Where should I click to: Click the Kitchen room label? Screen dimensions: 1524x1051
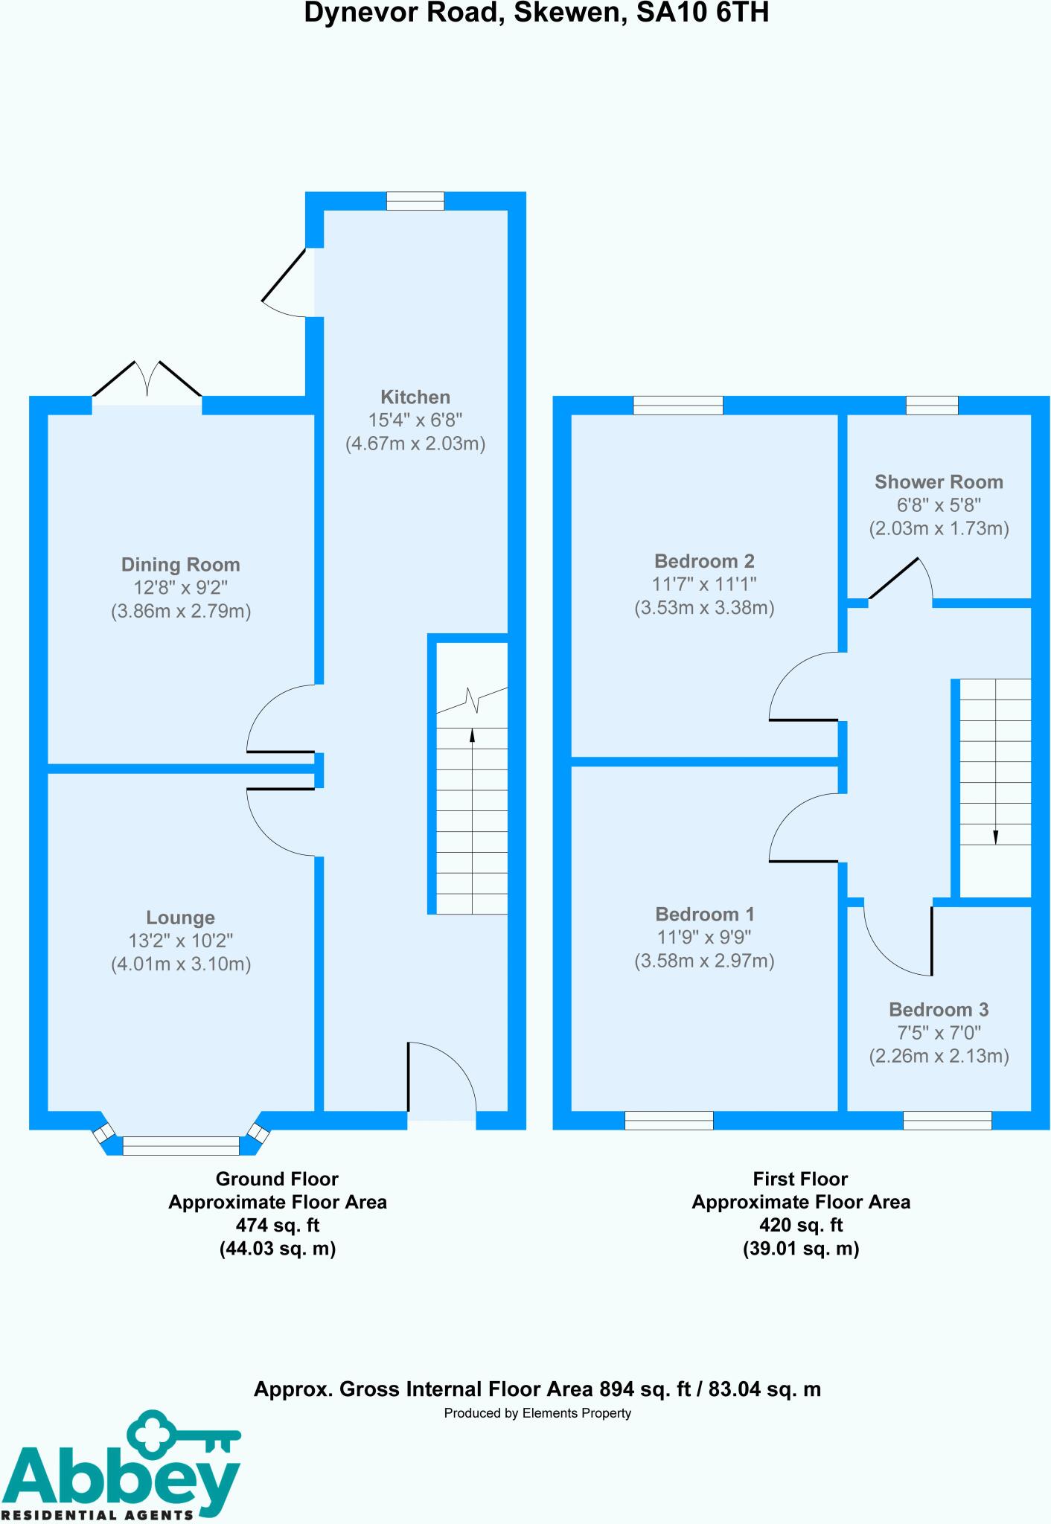(x=415, y=397)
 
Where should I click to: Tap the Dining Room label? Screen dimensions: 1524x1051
(x=181, y=565)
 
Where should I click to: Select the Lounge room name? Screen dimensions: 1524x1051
(x=181, y=918)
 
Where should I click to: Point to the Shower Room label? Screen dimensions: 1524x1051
(x=939, y=482)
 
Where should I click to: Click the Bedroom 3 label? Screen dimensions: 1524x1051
(x=939, y=1010)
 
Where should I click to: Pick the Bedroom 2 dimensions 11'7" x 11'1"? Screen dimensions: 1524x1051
(x=704, y=584)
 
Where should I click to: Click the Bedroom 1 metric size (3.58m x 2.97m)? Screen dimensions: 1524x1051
(x=704, y=961)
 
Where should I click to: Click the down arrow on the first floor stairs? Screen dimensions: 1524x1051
(x=996, y=836)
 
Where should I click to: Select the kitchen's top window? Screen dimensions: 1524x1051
(x=415, y=201)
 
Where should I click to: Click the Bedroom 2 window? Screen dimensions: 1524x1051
(x=678, y=405)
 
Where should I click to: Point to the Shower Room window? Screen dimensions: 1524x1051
(x=932, y=405)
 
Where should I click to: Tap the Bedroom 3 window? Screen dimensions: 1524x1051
(x=948, y=1120)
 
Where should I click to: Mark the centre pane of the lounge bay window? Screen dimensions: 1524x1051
(x=181, y=1145)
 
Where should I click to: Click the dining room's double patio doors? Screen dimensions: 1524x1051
(x=147, y=383)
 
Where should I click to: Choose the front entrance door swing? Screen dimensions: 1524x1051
(x=441, y=1079)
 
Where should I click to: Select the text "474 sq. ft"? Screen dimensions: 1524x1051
(x=278, y=1225)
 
